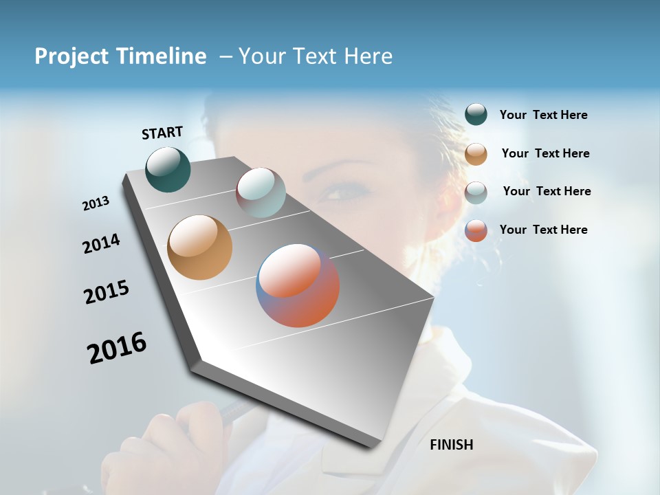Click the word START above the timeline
(x=162, y=133)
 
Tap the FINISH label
(x=451, y=445)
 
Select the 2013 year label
(x=96, y=203)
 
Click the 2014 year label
(x=102, y=243)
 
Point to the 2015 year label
(x=107, y=292)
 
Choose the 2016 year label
(x=117, y=348)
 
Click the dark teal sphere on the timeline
(x=168, y=169)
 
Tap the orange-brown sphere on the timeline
(x=199, y=247)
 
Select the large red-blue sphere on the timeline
(x=298, y=285)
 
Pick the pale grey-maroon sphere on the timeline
(x=261, y=192)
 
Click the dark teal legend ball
(x=476, y=114)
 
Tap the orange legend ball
(x=476, y=154)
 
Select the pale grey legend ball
(x=476, y=192)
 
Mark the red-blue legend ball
(x=476, y=230)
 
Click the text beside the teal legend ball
(x=543, y=115)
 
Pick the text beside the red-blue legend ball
(x=543, y=230)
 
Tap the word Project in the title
(x=71, y=56)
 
